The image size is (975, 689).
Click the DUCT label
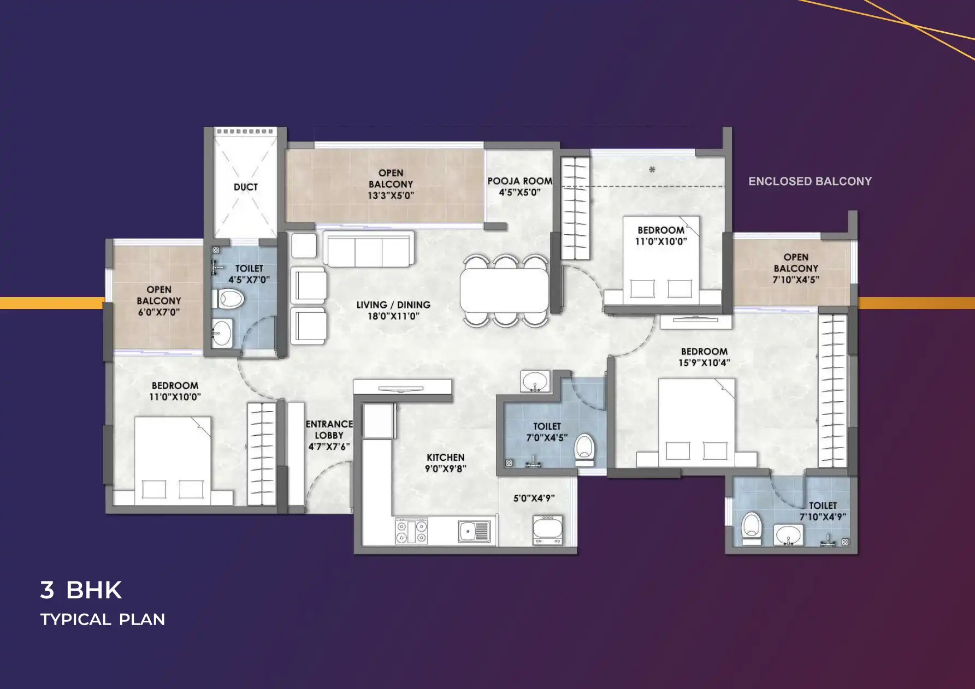246,187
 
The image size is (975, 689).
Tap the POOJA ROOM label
519,181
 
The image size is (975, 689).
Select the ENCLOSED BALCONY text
810,181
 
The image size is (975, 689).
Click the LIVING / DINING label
393,305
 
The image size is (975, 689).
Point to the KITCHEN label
446,458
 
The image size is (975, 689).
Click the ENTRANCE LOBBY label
329,430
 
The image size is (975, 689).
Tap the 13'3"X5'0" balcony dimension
391,195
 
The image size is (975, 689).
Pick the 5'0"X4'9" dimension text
534,498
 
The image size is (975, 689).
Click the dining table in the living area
505,290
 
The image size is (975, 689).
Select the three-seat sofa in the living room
368,249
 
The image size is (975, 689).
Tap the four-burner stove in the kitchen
412,532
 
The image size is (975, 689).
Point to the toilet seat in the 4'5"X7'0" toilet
227,299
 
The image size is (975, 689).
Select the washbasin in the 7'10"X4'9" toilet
788,535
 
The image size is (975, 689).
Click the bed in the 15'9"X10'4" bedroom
696,423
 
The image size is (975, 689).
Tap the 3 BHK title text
81,590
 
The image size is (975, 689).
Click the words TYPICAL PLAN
103,620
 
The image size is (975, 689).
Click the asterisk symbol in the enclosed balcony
652,170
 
